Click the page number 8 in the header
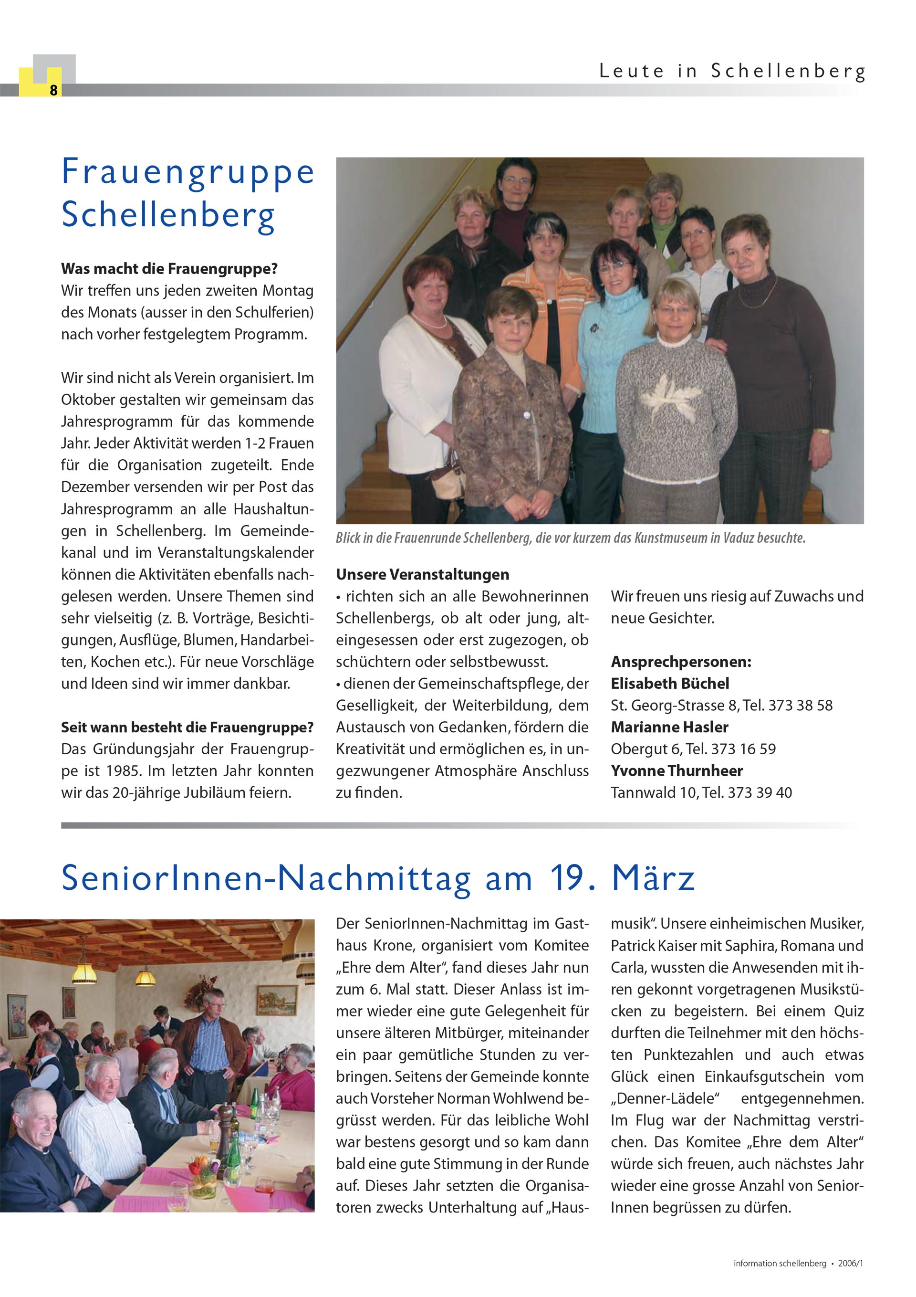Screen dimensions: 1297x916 [53, 90]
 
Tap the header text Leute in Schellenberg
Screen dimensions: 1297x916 [732, 72]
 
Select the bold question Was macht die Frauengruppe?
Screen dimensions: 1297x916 [169, 269]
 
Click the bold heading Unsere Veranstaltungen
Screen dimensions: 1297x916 [422, 574]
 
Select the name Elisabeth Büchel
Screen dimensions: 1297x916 [670, 684]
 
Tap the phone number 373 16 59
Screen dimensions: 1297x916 [743, 749]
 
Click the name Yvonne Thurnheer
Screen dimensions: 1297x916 [677, 770]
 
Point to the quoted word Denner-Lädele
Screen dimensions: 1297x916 [664, 1099]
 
